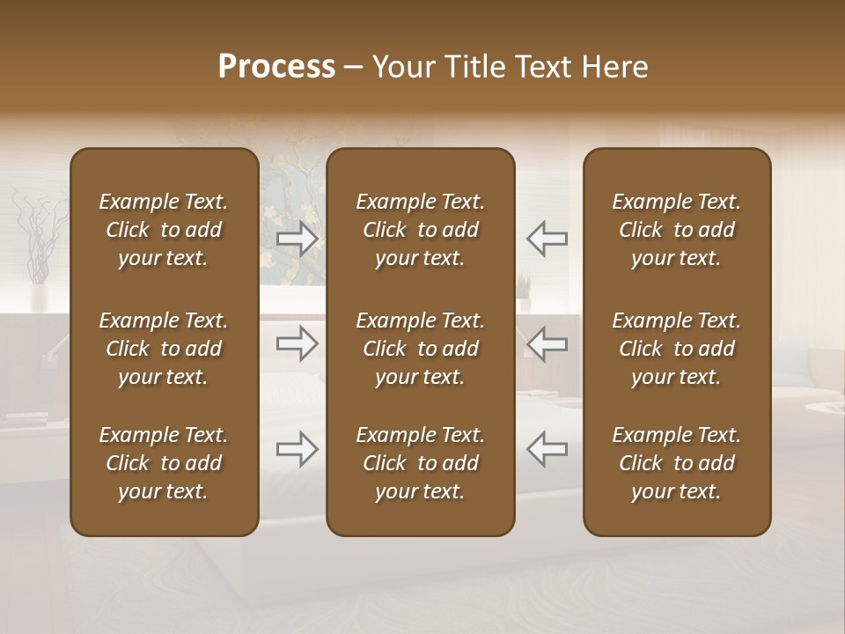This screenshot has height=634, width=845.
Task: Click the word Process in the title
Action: (276, 67)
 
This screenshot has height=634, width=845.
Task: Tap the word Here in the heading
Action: (614, 67)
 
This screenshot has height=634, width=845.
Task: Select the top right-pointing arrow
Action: (298, 238)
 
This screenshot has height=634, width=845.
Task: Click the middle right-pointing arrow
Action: (298, 344)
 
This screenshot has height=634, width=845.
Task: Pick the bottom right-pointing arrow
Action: (298, 449)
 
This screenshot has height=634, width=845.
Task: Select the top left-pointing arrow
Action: (547, 238)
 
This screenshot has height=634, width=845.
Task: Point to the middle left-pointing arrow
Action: (547, 344)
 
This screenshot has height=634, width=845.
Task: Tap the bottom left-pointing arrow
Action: (547, 449)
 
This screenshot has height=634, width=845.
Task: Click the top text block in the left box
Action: (164, 230)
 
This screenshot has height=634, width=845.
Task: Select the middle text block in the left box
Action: (164, 349)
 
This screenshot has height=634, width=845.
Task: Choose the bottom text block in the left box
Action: (164, 463)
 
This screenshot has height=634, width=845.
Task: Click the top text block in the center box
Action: (420, 230)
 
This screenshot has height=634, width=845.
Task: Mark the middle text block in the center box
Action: (420, 349)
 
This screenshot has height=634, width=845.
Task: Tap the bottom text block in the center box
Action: (420, 463)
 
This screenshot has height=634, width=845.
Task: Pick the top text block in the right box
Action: (676, 230)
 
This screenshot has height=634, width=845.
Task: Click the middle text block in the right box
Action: (676, 349)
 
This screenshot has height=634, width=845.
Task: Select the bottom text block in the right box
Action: (676, 463)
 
